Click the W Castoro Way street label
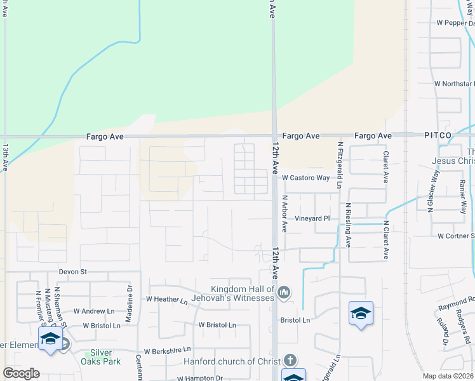pos(306,178)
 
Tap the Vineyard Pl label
pos(312,218)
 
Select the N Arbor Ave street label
pos(285,213)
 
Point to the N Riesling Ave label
pos(348,225)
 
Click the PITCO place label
pos(438,136)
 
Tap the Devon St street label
pos(72,272)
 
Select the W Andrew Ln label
pos(94,311)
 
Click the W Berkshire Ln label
pos(167,350)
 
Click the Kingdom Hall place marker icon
pos(284,293)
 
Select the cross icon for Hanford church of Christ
pos(290,360)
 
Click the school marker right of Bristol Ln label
pos(361,314)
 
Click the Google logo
pos(20,373)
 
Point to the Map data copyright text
pos(448,376)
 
